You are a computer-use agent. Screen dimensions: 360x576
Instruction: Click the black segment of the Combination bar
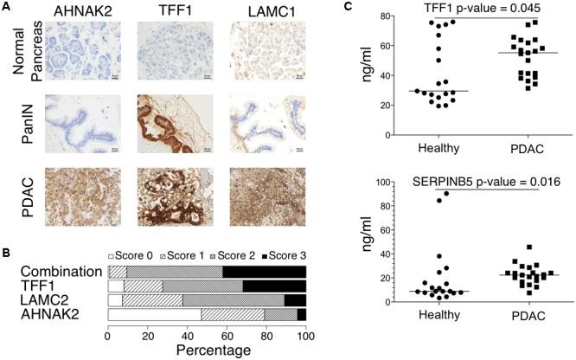click(264, 272)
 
